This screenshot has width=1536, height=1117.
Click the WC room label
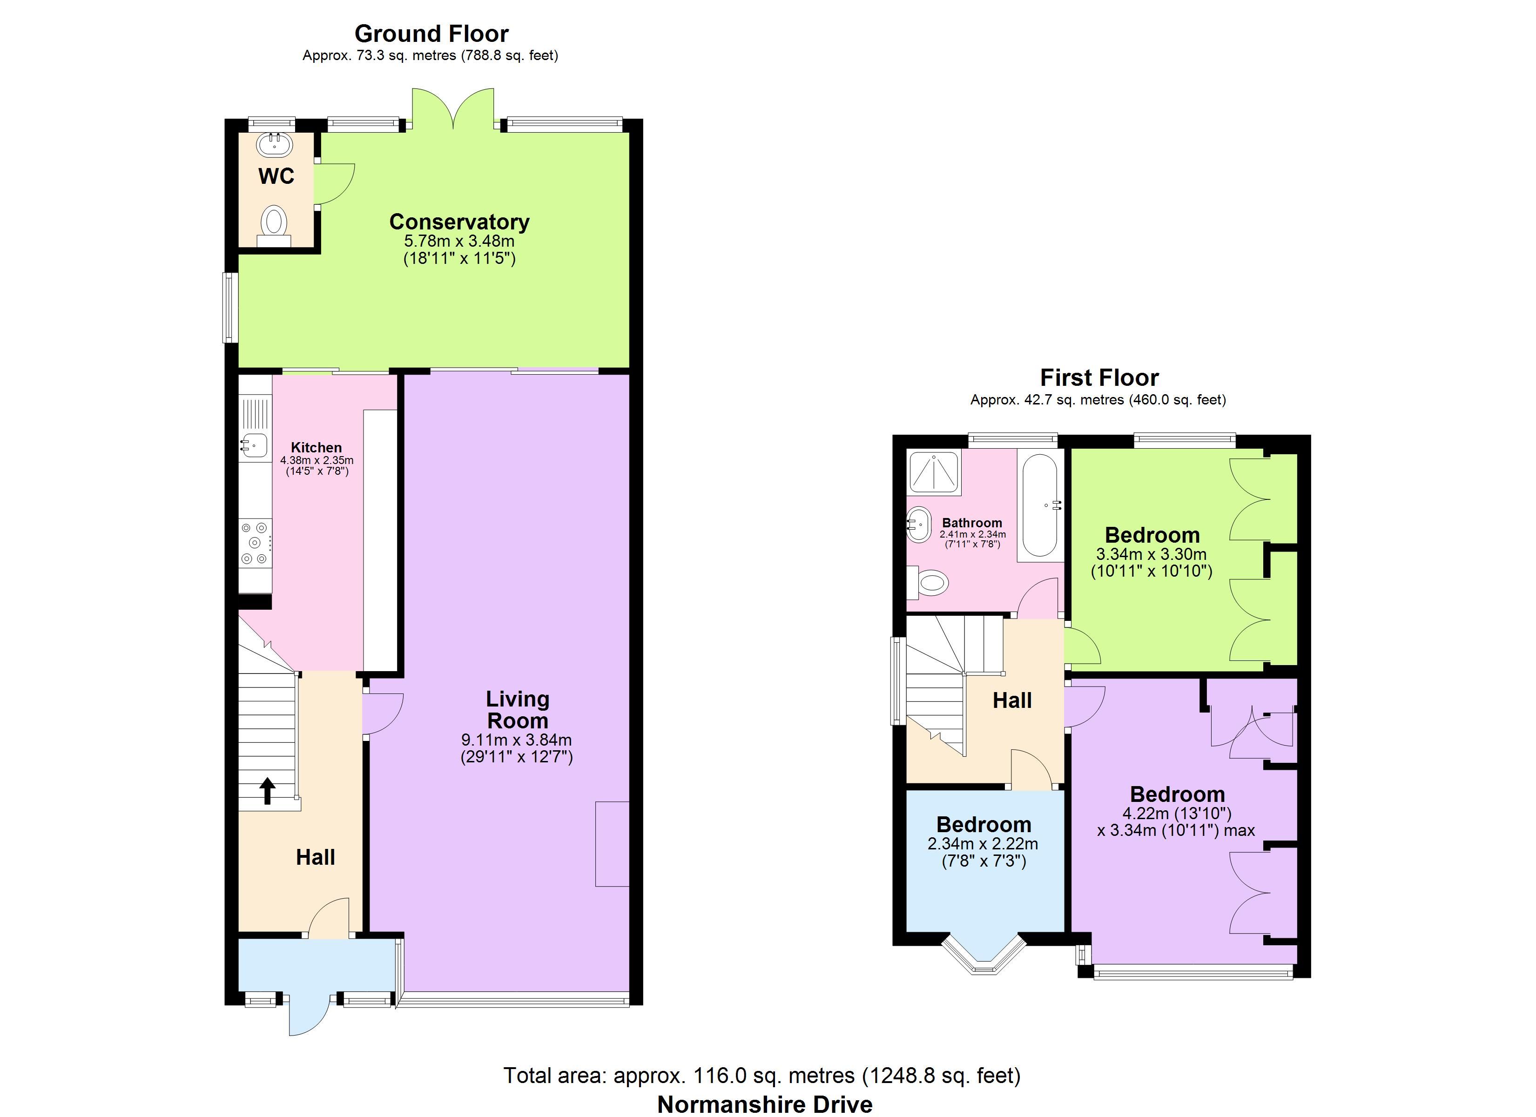click(x=276, y=176)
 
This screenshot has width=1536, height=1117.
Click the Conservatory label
click(x=459, y=222)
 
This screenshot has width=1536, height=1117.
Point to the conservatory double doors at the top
click(x=453, y=108)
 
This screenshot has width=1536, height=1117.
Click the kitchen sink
click(x=253, y=445)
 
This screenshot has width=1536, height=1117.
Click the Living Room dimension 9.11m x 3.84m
click(x=517, y=740)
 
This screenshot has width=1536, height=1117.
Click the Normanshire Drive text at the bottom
click(x=765, y=1104)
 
